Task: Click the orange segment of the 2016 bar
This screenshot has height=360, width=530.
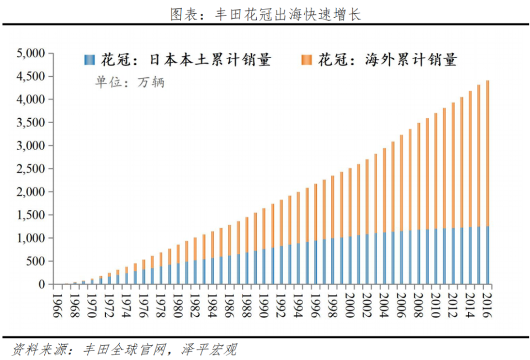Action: (487, 155)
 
